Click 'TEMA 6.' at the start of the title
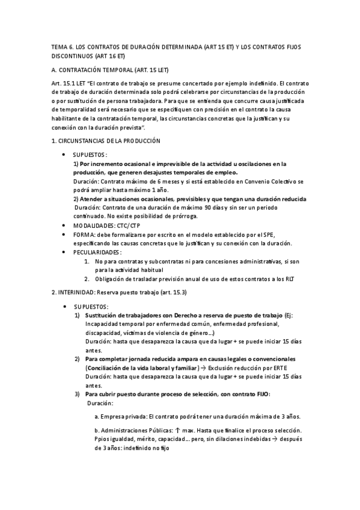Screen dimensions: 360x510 coord(60,47)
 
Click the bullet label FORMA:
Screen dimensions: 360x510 coord(84,235)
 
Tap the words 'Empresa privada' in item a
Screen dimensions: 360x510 coord(123,416)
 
